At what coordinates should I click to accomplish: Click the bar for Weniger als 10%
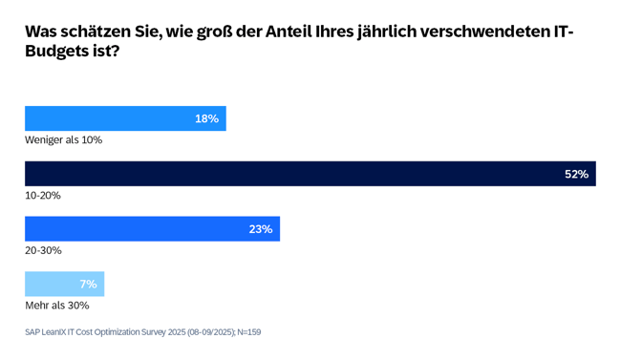tap(124, 118)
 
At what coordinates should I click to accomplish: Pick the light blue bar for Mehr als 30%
tap(63, 284)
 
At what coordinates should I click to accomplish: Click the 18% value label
tap(206, 119)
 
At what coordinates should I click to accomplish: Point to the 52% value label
tap(576, 174)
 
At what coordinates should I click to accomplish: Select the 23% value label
tap(261, 229)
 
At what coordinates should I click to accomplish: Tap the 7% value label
tap(88, 285)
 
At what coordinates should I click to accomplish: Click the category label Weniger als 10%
tap(63, 140)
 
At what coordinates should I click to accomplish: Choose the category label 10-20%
tap(42, 196)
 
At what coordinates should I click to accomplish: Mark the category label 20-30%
tap(43, 250)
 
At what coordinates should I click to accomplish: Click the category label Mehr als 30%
tap(56, 306)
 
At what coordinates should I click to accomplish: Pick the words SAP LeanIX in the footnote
tap(50, 332)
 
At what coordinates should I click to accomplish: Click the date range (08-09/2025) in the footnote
tap(198, 332)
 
